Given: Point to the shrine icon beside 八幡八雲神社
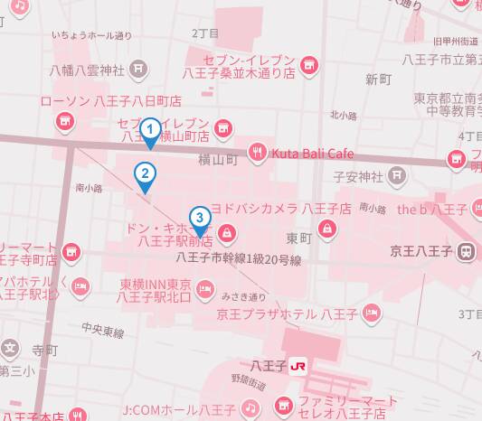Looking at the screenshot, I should [137, 67].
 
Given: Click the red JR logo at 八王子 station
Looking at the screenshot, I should [297, 365].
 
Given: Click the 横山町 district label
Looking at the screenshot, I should [218, 160].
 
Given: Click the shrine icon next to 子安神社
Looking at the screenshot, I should [396, 175].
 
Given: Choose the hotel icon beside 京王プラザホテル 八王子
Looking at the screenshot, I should [369, 315].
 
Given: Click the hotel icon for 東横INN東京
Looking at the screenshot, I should [206, 289].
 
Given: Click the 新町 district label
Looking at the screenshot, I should [377, 80].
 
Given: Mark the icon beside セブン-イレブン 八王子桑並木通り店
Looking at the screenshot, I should [309, 64].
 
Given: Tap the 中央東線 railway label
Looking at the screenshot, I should [102, 331].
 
